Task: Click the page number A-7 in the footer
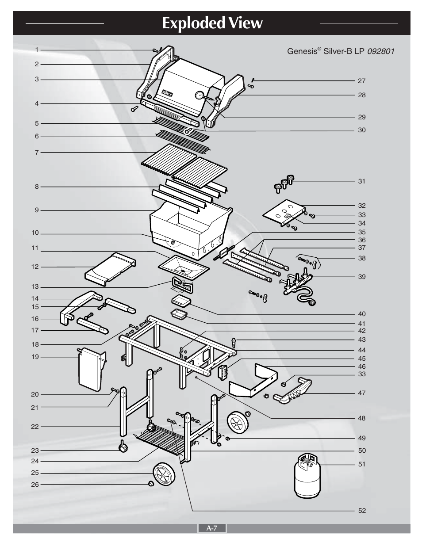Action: (x=211, y=528)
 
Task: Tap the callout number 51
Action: (x=362, y=464)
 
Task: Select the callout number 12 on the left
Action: (x=35, y=267)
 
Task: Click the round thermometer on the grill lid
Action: (x=199, y=95)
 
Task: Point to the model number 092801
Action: (x=380, y=51)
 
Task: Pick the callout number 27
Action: (x=362, y=81)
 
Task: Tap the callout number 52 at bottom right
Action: (x=362, y=511)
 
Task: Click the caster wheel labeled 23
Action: (x=123, y=449)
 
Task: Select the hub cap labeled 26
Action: (x=151, y=484)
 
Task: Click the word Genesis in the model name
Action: (x=301, y=51)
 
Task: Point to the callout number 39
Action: (x=362, y=277)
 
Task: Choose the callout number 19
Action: (x=35, y=357)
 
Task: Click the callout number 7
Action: (x=37, y=153)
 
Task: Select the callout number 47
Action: (x=362, y=393)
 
